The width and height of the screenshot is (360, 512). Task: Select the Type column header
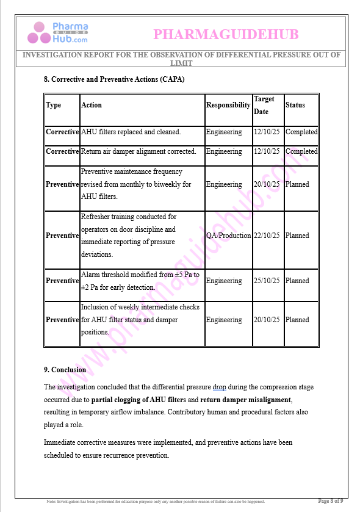click(54, 105)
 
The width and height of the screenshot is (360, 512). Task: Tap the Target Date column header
click(264, 105)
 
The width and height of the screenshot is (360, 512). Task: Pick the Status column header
click(295, 105)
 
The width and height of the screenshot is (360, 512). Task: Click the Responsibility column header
click(228, 105)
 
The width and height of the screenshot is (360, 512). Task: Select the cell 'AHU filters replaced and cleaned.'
click(131, 132)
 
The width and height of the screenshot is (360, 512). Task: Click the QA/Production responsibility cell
click(228, 236)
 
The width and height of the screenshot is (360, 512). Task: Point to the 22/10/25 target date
click(267, 236)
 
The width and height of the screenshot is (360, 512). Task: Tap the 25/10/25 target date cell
click(267, 281)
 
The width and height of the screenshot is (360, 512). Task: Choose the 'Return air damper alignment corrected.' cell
click(139, 151)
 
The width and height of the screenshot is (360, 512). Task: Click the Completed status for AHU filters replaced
click(301, 132)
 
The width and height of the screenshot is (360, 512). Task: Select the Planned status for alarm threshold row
click(297, 281)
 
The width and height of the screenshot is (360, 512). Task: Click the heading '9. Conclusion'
click(65, 370)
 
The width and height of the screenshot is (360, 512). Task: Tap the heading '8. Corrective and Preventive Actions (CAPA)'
click(114, 79)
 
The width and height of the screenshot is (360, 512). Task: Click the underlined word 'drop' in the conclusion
click(220, 387)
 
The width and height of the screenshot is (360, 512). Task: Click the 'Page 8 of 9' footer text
click(330, 501)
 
